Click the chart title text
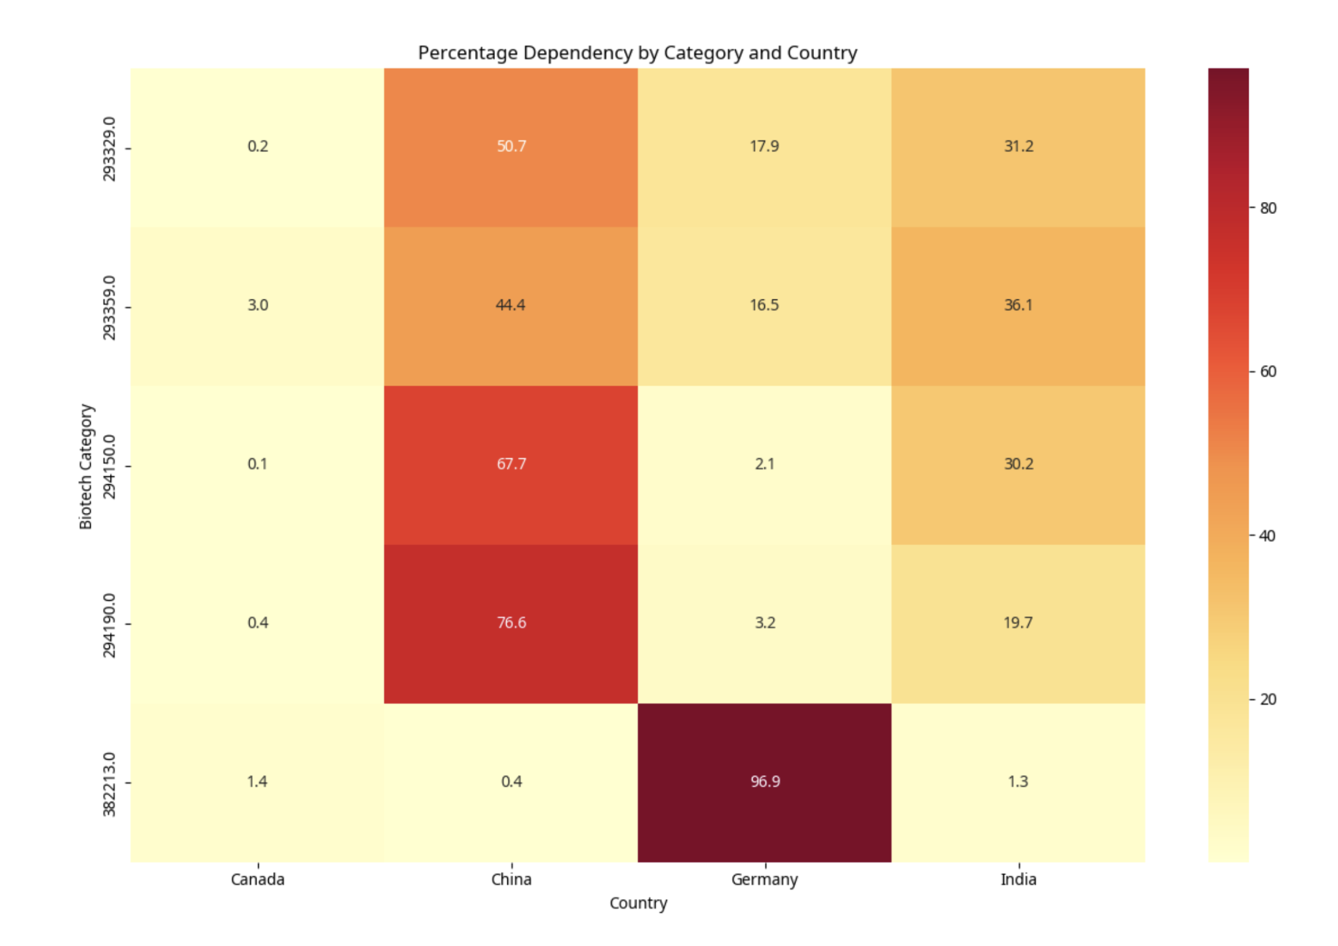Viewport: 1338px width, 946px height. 637,53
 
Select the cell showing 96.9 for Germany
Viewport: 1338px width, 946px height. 764,782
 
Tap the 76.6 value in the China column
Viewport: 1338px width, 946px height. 511,623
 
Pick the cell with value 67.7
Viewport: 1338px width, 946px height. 511,464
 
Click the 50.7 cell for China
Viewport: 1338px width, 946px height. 511,146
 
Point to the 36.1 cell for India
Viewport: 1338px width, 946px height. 1017,305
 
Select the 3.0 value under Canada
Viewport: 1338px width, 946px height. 258,305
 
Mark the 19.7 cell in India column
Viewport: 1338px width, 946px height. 1017,623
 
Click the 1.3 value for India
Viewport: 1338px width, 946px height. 1017,782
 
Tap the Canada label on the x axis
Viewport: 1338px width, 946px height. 258,879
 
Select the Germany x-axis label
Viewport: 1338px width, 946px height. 764,880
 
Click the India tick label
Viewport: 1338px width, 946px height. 1017,879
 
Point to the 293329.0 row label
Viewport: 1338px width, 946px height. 109,148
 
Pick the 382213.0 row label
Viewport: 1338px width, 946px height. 109,784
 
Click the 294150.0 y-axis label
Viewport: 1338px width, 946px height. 109,466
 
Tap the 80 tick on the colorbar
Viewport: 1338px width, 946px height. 1267,208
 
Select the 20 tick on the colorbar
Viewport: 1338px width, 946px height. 1267,699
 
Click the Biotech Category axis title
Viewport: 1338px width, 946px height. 86,466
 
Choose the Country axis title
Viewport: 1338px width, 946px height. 638,903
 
